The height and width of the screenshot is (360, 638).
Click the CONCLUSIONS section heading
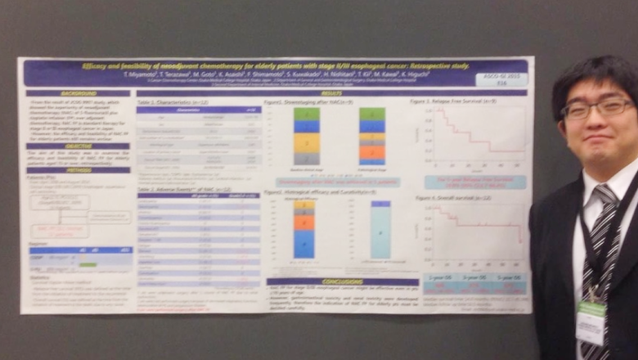pyautogui.click(x=331, y=281)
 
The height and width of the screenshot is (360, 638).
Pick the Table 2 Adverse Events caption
pyautogui.click(x=176, y=187)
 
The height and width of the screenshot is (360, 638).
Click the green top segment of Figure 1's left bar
pyautogui.click(x=306, y=115)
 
